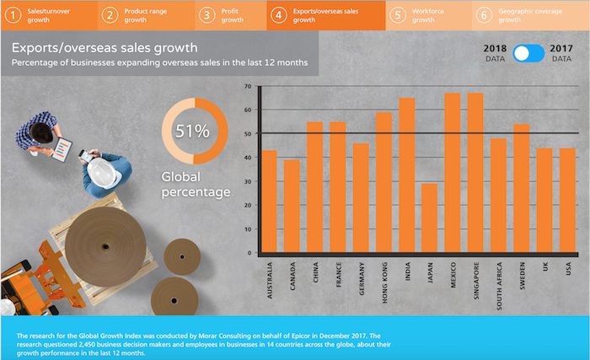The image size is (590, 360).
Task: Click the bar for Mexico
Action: pos(452,173)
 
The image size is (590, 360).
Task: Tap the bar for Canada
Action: pos(292,206)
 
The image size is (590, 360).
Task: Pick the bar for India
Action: pos(406,175)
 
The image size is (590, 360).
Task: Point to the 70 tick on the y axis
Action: pos(248,87)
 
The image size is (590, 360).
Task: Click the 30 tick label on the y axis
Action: pos(248,181)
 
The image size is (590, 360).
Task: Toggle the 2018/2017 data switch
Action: pos(529,53)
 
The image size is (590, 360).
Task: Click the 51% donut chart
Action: pos(195,131)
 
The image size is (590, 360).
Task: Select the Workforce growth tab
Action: pos(426,14)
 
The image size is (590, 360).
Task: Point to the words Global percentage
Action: pos(196,185)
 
